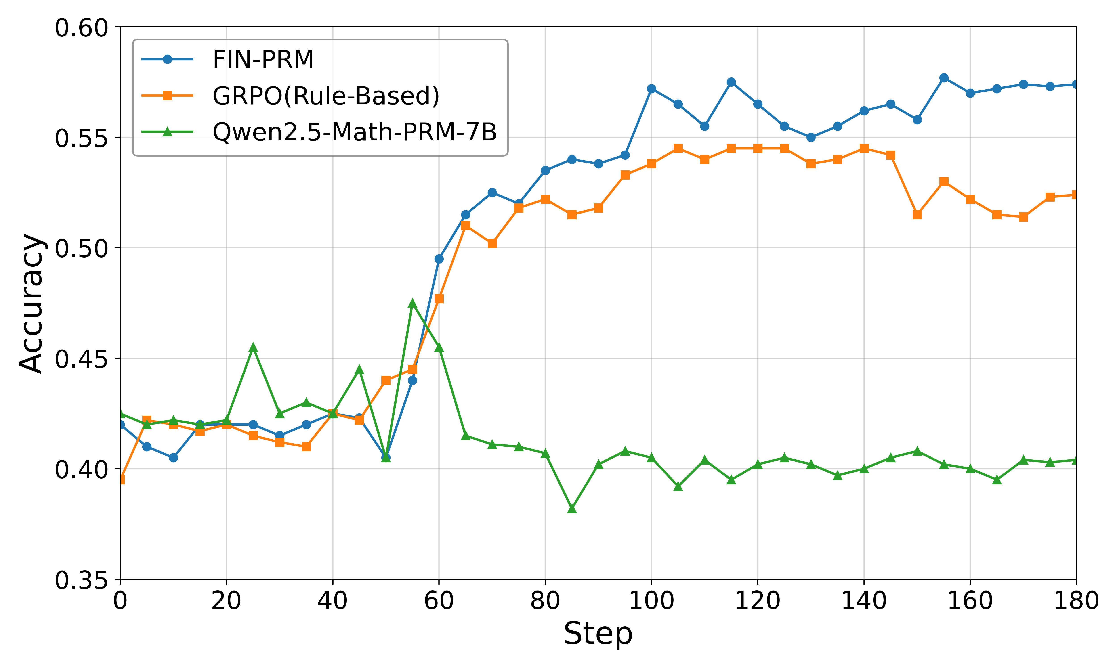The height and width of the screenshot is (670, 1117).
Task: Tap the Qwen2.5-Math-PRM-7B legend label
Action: click(354, 132)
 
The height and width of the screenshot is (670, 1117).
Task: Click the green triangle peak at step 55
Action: click(412, 303)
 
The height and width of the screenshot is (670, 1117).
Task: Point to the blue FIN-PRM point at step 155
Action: click(944, 78)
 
